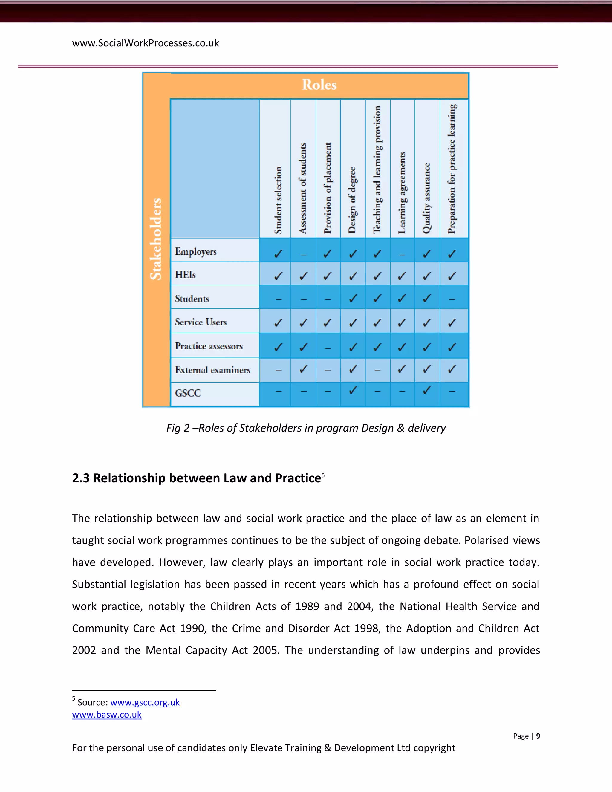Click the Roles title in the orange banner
[x=319, y=85]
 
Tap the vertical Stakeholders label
[x=156, y=239]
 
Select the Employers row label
[x=196, y=251]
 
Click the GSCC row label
[x=188, y=393]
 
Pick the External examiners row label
[x=212, y=370]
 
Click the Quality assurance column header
[x=427, y=198]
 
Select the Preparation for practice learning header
[x=452, y=169]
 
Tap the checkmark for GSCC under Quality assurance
[x=427, y=390]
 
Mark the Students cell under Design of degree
[x=353, y=299]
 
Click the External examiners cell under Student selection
[x=278, y=370]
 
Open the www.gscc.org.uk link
[x=145, y=702]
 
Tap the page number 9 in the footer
[x=538, y=736]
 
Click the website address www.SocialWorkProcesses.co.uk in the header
[x=146, y=43]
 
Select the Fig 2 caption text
[x=306, y=428]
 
